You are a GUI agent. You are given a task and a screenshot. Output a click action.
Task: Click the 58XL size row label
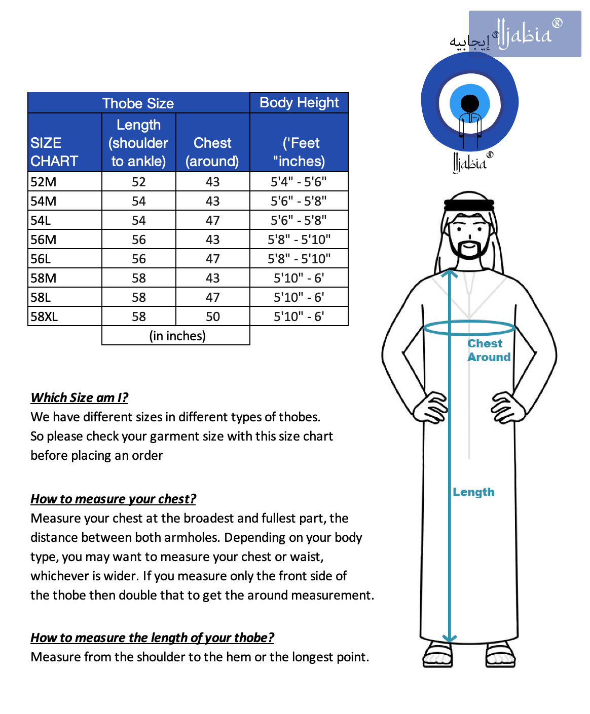pyautogui.click(x=44, y=316)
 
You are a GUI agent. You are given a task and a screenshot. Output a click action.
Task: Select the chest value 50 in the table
pyautogui.click(x=212, y=316)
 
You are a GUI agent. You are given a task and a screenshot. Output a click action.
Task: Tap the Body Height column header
pyautogui.click(x=299, y=103)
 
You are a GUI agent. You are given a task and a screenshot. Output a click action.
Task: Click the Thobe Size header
pyautogui.click(x=138, y=103)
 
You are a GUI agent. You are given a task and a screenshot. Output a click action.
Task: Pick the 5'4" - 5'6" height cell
pyautogui.click(x=299, y=182)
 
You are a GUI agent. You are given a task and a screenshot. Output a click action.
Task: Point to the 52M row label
pyautogui.click(x=44, y=182)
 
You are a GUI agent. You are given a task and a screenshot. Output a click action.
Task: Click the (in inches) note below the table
pyautogui.click(x=177, y=336)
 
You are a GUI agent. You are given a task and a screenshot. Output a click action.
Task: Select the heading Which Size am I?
pyautogui.click(x=80, y=398)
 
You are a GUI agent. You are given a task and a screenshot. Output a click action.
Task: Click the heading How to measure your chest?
pyautogui.click(x=113, y=499)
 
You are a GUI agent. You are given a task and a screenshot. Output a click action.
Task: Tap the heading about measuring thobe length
pyautogui.click(x=152, y=638)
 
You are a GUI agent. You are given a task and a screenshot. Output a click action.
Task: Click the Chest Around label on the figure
pyautogui.click(x=488, y=350)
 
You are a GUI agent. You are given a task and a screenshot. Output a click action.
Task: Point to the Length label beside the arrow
pyautogui.click(x=473, y=492)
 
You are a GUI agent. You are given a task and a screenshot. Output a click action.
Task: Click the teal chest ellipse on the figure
pyautogui.click(x=469, y=327)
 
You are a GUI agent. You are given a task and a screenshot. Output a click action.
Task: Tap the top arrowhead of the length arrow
pyautogui.click(x=449, y=274)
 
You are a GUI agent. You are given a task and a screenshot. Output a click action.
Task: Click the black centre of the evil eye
pyautogui.click(x=470, y=103)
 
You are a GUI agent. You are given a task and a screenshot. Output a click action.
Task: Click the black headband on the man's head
pyautogui.click(x=469, y=205)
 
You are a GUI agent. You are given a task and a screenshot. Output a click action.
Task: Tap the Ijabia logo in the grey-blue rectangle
pyautogui.click(x=525, y=34)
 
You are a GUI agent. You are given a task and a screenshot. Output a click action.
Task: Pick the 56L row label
pyautogui.click(x=41, y=259)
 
